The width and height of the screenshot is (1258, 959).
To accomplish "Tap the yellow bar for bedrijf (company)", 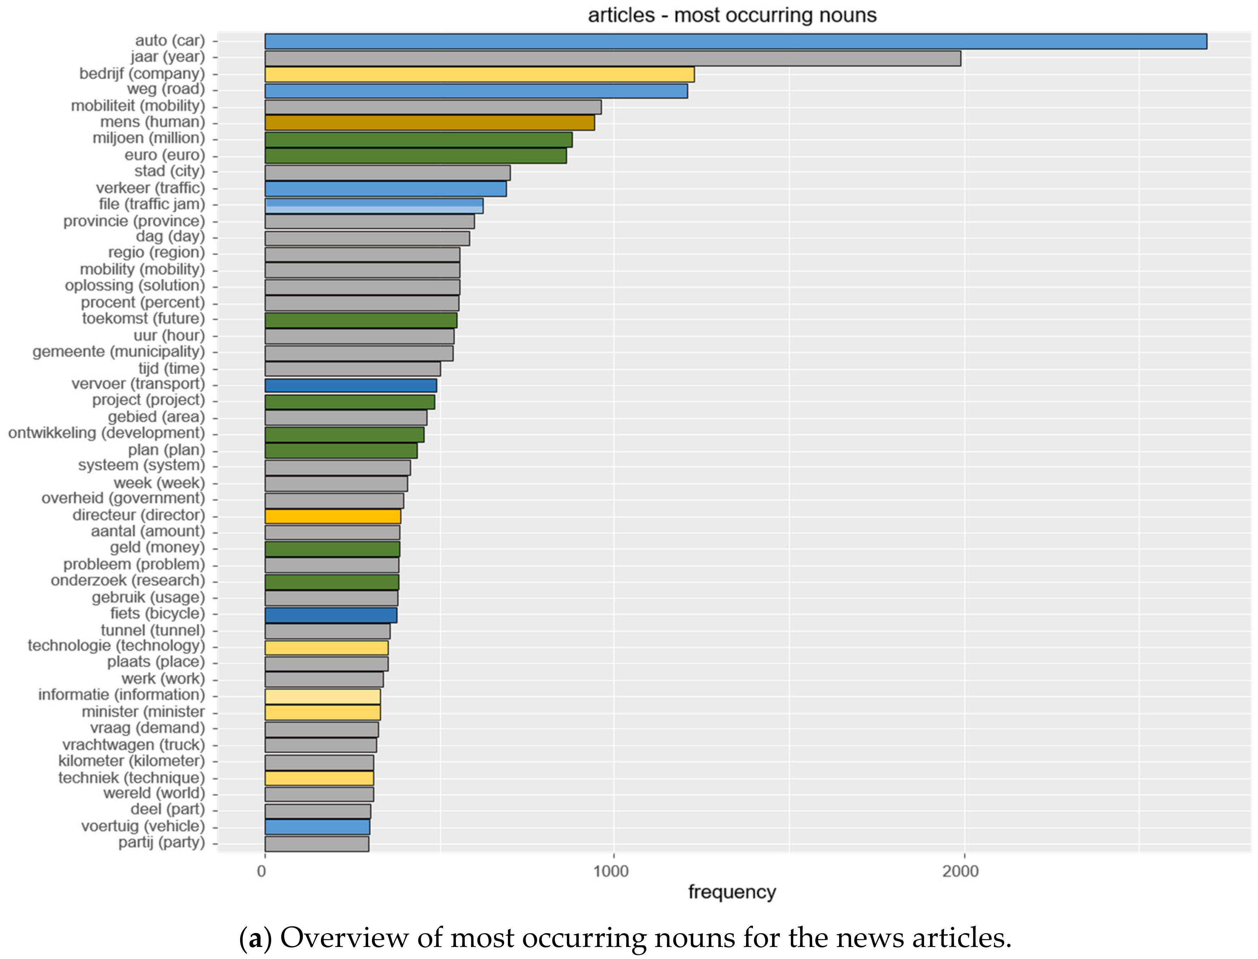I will tap(479, 74).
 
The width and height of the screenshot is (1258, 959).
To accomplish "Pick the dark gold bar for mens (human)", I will tap(430, 123).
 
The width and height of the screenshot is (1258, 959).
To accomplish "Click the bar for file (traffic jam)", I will tap(374, 206).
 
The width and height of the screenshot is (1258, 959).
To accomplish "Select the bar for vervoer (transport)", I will tap(350, 385).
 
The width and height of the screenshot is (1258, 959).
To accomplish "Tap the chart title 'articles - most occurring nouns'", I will tap(732, 15).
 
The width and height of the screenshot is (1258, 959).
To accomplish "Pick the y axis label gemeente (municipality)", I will tap(118, 352).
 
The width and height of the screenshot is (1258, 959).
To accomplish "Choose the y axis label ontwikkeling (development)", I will tap(106, 433).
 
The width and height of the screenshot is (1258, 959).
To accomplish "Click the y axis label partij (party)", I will tap(161, 842).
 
